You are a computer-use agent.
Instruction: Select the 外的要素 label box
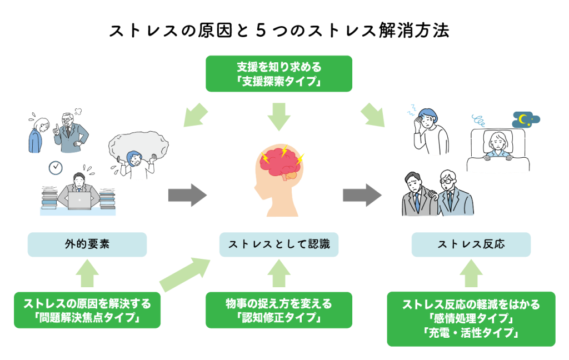87,244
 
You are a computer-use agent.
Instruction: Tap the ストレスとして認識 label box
278,244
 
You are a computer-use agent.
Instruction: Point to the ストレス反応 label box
471,244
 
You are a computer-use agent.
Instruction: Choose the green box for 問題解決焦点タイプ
87,311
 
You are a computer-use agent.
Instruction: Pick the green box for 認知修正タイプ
278,311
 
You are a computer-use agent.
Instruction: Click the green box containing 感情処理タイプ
471,319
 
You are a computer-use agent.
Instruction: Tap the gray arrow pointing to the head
187,196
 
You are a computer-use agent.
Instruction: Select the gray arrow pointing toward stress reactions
362,196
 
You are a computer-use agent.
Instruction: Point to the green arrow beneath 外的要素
87,273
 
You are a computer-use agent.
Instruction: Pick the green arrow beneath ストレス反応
471,273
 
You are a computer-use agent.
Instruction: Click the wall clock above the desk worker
56,167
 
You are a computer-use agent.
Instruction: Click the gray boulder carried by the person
138,146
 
